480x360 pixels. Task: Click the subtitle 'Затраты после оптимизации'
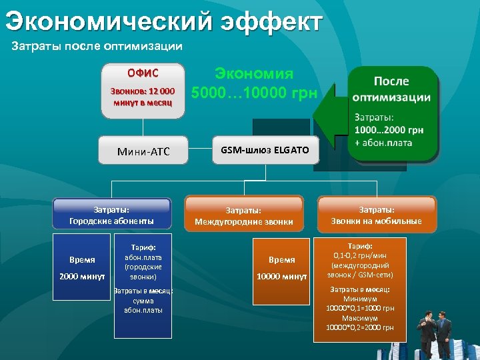coord(97,47)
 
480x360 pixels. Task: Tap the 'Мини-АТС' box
coord(143,152)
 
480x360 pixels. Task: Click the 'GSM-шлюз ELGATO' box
coord(265,150)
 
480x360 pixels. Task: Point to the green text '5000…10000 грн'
coord(254,93)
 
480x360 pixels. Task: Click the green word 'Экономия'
coord(253,73)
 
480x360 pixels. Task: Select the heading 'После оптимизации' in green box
coord(392,89)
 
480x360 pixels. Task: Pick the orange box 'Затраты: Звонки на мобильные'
coord(377,215)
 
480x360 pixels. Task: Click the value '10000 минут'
coord(282,276)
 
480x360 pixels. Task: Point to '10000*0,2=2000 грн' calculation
coord(360,327)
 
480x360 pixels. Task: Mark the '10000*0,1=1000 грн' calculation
coord(360,309)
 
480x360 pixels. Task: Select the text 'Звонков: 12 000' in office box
coord(143,91)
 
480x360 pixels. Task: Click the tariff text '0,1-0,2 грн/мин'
coord(360,255)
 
